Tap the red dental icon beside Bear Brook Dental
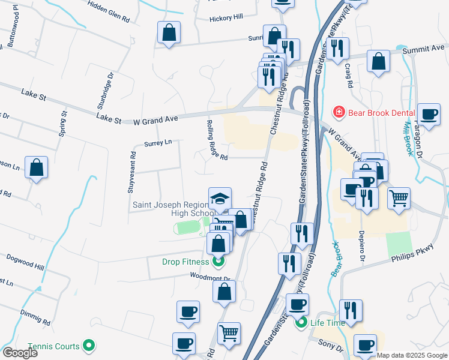339,112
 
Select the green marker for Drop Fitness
218,262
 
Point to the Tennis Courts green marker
89,346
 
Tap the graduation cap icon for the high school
220,198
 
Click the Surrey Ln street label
158,143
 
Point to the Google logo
20,352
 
